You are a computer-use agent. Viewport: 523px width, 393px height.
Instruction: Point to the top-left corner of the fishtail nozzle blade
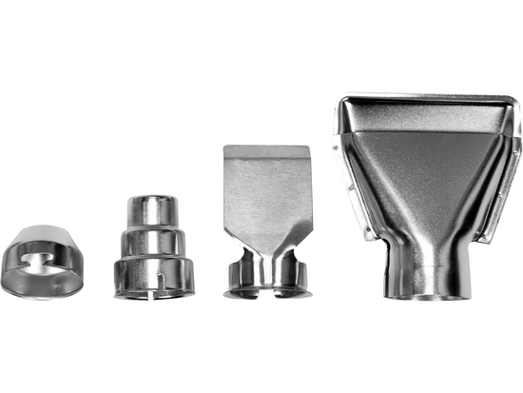click(x=225, y=148)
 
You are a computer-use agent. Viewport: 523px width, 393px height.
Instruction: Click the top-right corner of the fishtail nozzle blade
click(x=309, y=148)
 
